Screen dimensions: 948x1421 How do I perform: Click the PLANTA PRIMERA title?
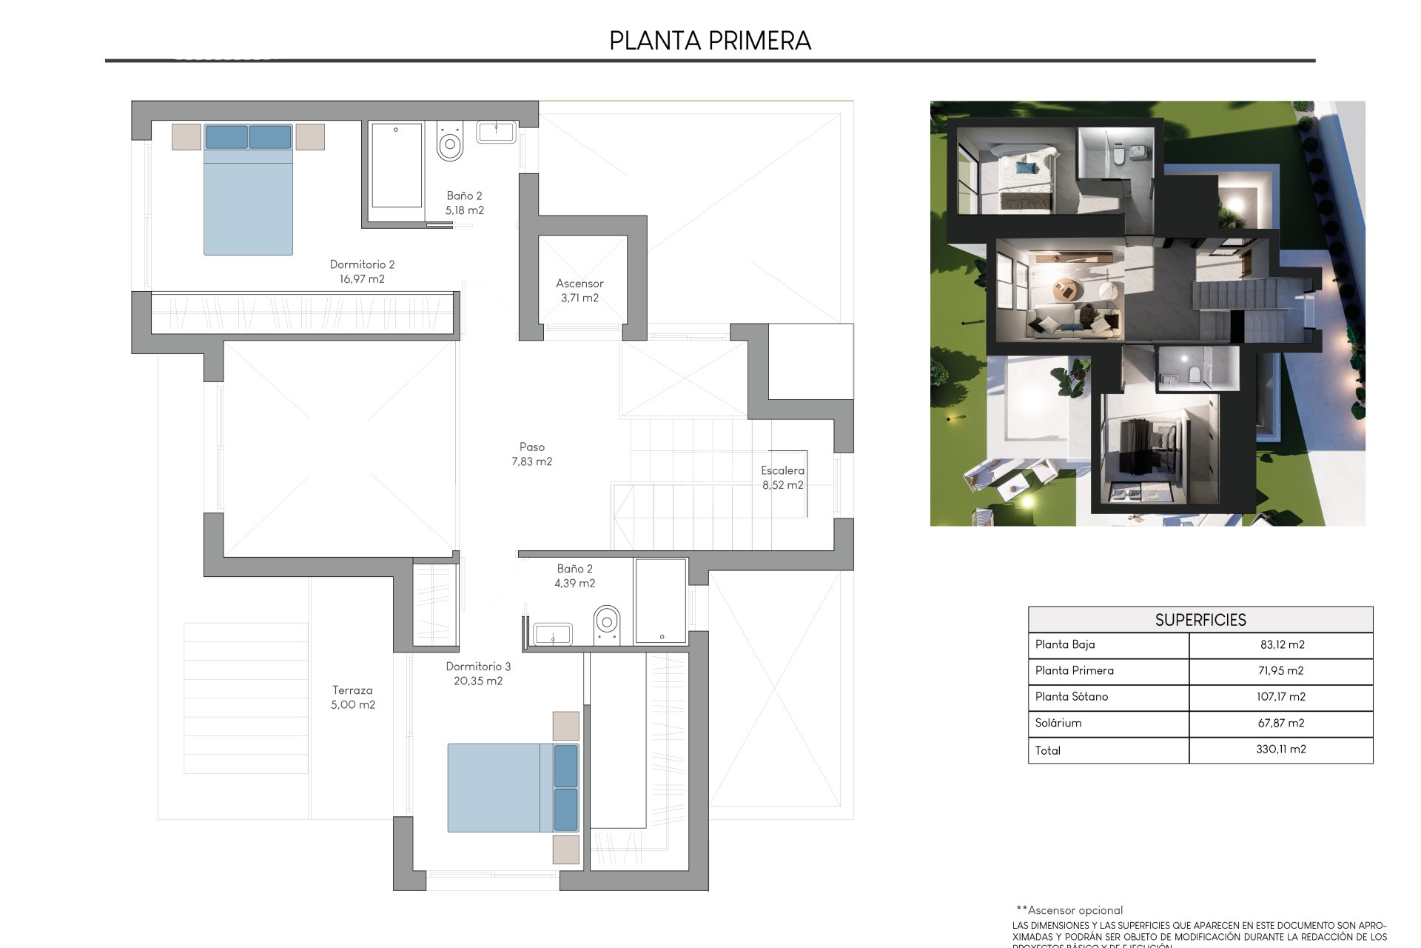click(x=710, y=41)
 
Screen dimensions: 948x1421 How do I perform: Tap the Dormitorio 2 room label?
click(x=362, y=271)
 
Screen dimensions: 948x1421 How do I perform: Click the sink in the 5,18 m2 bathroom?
click(x=496, y=133)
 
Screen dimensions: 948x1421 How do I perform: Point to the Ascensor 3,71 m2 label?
click(x=580, y=290)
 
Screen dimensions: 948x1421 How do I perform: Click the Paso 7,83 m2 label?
click(x=531, y=454)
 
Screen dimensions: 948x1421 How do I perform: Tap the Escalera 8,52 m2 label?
click(x=782, y=478)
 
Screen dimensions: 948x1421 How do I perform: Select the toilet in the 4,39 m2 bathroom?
click(x=607, y=624)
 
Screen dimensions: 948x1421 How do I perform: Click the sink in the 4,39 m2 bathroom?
click(x=552, y=634)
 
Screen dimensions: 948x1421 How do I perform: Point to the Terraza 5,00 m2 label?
click(x=352, y=697)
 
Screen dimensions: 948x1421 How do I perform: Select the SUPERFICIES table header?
click(x=1200, y=620)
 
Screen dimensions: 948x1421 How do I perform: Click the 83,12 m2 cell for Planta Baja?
click(x=1282, y=644)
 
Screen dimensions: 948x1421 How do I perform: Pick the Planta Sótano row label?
click(x=1072, y=696)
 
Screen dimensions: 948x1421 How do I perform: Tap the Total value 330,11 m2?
click(x=1280, y=750)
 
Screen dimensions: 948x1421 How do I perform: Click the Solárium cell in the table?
click(x=1058, y=723)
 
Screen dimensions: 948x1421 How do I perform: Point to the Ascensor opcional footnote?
click(x=1069, y=910)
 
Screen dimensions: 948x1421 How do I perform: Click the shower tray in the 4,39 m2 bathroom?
click(x=660, y=601)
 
